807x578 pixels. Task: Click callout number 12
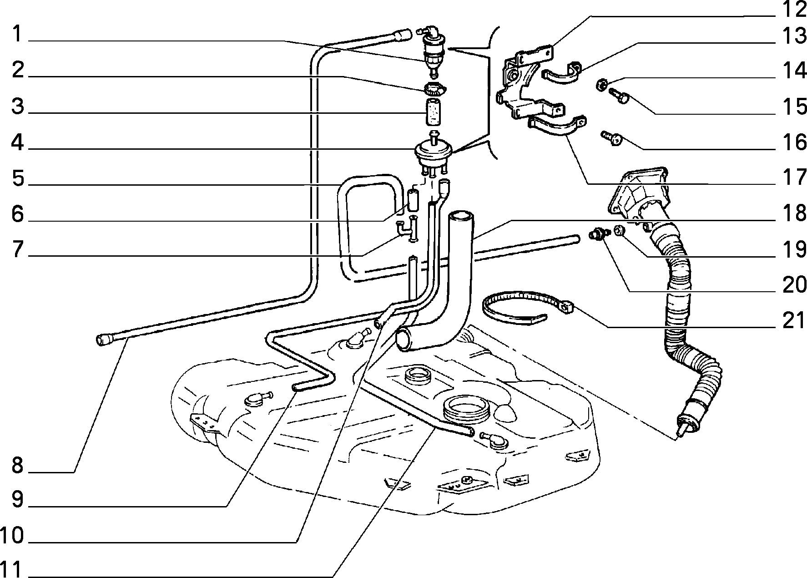pos(792,9)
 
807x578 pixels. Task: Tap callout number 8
pos(17,465)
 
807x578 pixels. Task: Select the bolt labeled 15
pos(619,96)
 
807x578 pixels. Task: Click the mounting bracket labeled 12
pos(528,82)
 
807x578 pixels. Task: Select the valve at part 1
pos(432,50)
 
